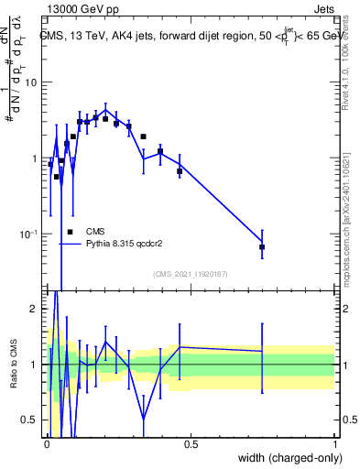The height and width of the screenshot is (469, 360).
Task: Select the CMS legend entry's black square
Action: (x=70, y=232)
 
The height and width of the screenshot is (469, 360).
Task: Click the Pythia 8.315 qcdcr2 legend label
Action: (x=125, y=245)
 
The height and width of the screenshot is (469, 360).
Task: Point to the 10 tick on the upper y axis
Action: (x=32, y=82)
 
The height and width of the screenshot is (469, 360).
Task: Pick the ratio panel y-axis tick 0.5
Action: (x=31, y=420)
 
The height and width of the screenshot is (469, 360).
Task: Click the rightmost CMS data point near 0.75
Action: (x=262, y=247)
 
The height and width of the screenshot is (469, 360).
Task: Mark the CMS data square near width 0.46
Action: (x=180, y=171)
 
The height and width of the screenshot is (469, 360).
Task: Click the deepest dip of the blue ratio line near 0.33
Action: (x=144, y=420)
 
